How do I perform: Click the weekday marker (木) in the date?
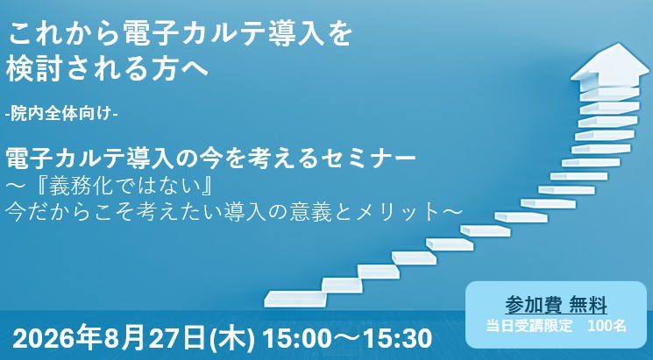click(232, 339)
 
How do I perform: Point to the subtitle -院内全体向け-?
click(61, 114)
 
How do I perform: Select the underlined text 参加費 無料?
click(557, 306)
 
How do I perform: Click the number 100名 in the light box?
click(607, 326)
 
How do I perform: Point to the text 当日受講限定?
click(529, 326)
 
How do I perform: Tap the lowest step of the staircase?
click(295, 299)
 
